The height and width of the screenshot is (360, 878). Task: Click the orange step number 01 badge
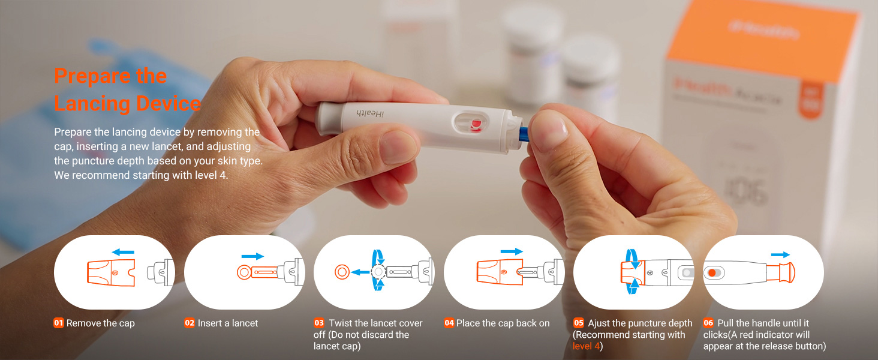tap(59, 323)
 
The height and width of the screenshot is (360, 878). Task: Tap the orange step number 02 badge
tap(190, 323)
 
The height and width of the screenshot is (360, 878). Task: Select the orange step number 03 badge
tap(319, 323)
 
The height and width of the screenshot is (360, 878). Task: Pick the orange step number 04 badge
tap(449, 323)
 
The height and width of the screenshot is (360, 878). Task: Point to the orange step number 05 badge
tap(579, 323)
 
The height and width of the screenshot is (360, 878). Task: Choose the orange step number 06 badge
tap(708, 323)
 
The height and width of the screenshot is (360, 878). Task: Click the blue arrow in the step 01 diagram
tap(123, 251)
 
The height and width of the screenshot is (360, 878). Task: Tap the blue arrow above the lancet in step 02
tap(252, 256)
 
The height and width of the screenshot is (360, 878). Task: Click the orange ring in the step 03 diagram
tap(342, 272)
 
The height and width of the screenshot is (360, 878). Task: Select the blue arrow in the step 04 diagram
tap(512, 251)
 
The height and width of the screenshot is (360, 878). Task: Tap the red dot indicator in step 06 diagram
tap(712, 272)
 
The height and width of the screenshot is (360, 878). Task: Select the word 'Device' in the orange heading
tap(169, 103)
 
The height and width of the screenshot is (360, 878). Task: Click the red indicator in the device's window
tap(476, 124)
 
